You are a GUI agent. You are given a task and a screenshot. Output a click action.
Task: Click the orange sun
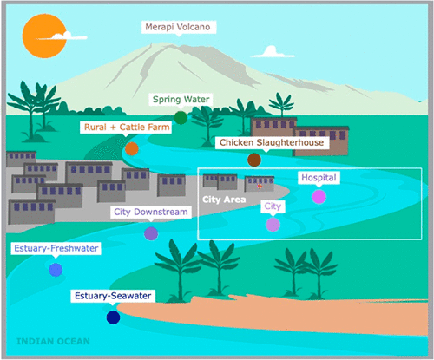coord(44,36)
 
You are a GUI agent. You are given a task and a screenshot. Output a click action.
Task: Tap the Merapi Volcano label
coord(178,27)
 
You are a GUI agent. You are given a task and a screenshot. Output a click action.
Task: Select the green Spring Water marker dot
coord(181,118)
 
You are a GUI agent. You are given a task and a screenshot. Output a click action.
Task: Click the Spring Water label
coord(181,100)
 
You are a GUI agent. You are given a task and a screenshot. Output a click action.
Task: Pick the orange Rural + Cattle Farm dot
coord(132,149)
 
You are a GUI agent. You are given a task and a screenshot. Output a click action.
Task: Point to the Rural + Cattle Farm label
coord(126,128)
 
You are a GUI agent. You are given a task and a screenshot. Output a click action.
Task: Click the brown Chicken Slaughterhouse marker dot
coord(254,160)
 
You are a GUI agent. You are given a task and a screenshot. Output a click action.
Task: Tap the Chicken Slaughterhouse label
coord(272,142)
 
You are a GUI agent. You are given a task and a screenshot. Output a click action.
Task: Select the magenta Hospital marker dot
coord(319,197)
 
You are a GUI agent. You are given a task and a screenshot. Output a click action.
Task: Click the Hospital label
coord(319,178)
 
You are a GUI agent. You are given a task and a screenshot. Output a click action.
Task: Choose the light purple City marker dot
coord(273,225)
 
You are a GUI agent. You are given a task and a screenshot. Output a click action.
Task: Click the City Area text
coord(224,200)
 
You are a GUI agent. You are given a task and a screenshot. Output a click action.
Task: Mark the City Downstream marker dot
coord(151,233)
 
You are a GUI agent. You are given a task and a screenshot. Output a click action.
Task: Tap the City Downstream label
coord(151,212)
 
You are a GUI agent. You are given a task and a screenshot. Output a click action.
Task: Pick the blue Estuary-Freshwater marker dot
coord(56,270)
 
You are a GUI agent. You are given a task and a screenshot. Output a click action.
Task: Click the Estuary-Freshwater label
coord(56,248)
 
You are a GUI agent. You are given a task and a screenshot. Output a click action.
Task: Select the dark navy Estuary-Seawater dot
coord(113,317)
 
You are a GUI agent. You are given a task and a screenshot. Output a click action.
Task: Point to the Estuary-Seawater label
coord(113,296)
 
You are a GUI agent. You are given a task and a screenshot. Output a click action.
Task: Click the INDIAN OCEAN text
coord(53,342)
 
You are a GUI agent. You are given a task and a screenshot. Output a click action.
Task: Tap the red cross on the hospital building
coord(260,187)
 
